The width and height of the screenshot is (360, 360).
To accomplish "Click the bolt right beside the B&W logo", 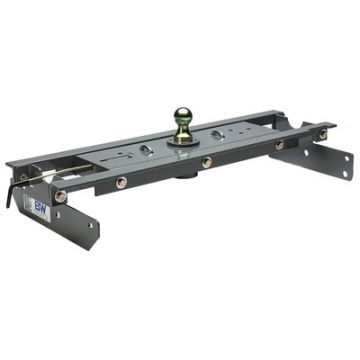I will click(x=61, y=196).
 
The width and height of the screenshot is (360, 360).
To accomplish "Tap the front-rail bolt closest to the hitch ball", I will click(x=207, y=160).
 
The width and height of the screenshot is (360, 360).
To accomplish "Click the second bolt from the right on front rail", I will click(x=279, y=144).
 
